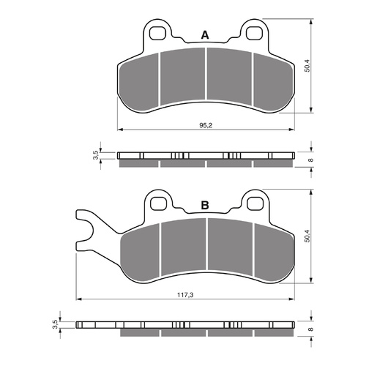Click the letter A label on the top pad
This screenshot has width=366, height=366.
(x=205, y=34)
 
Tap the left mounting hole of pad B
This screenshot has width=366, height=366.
(x=157, y=203)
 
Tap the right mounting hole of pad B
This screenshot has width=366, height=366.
(x=255, y=203)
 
